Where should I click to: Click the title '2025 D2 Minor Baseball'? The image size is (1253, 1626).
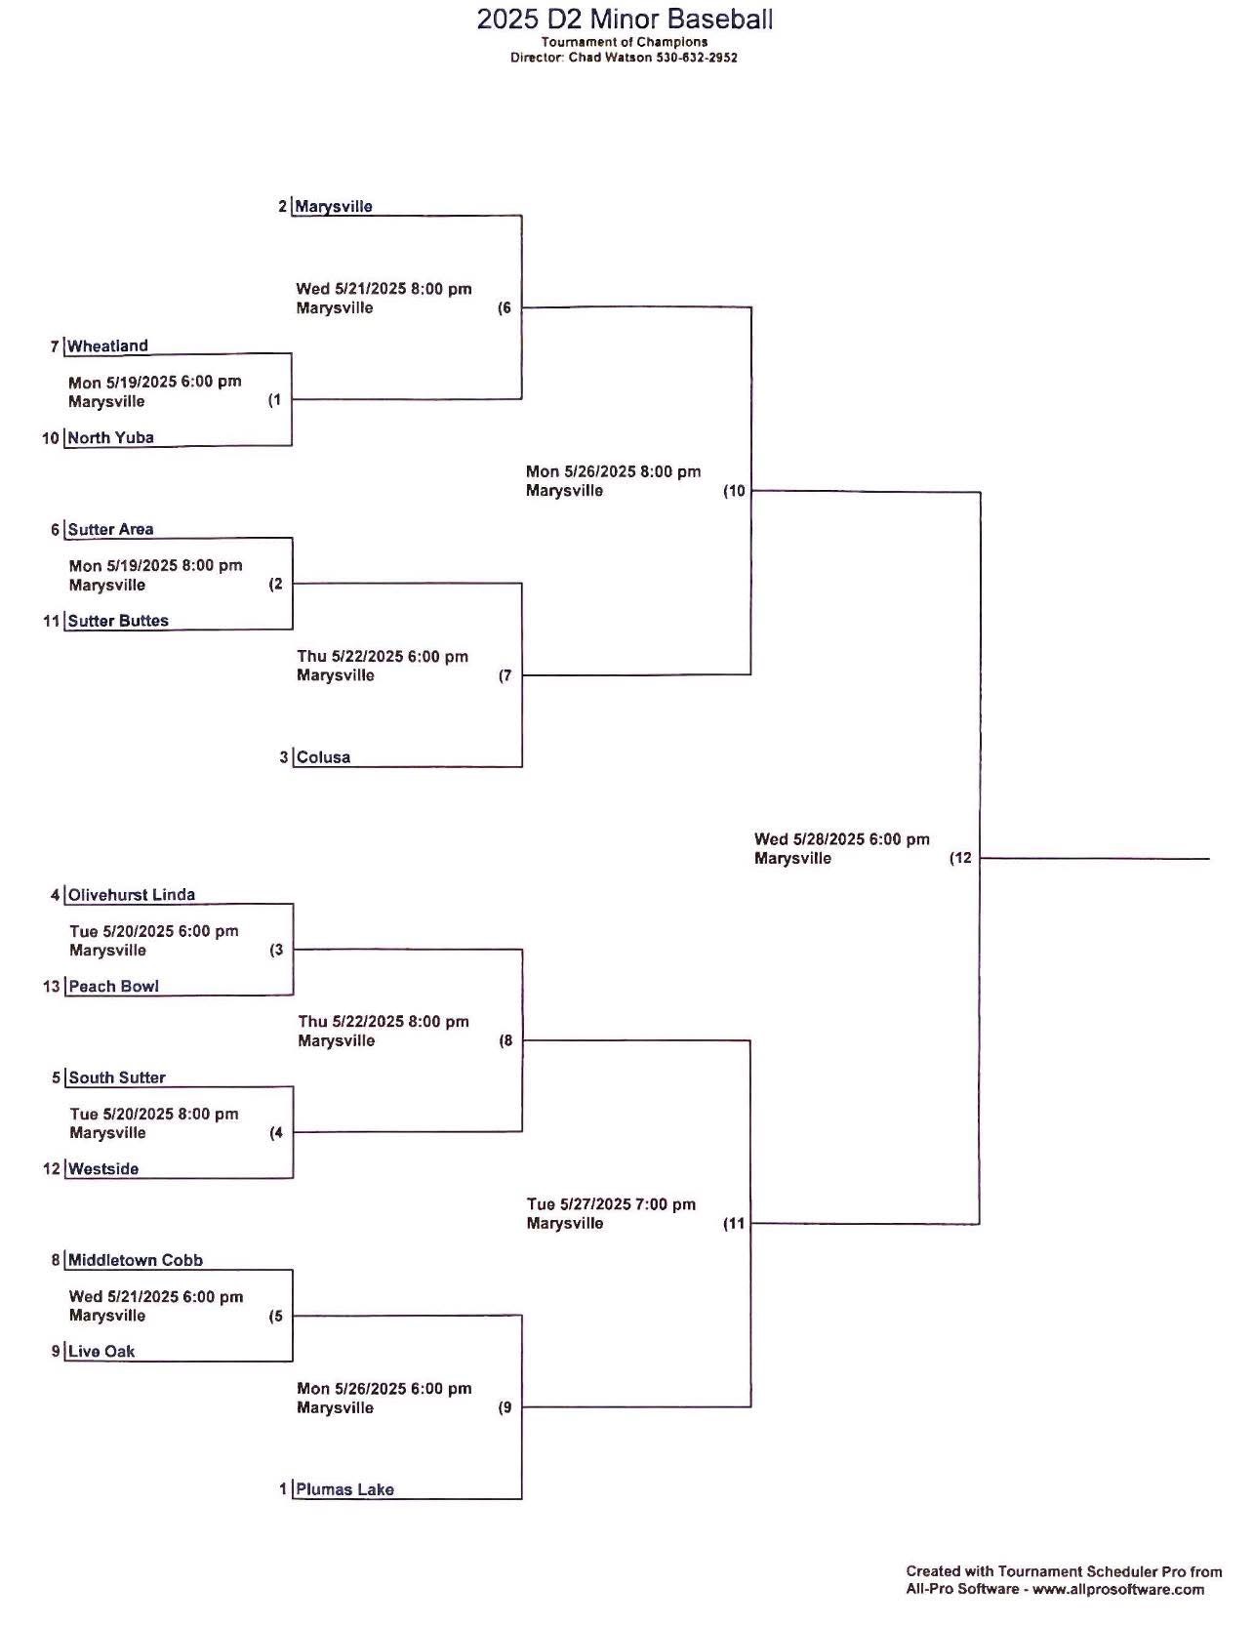pos(625,19)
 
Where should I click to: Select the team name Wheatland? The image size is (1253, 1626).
pos(107,346)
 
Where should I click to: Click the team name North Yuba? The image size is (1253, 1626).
pos(110,437)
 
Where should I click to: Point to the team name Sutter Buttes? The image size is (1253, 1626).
pos(118,621)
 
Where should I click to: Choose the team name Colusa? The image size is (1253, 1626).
pos(323,757)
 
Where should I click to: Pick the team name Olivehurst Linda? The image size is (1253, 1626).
pos(132,895)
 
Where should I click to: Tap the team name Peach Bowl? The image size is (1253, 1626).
pos(113,987)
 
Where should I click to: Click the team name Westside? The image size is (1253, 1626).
pos(103,1169)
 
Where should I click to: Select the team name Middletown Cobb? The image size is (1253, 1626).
pos(136,1261)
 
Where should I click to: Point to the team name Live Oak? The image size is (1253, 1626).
pos(101,1352)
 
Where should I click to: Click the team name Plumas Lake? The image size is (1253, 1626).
pos(345,1489)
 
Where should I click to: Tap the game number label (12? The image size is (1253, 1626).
pos(961,859)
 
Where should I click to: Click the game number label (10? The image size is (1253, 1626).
pos(734,491)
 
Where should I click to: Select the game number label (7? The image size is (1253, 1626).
pos(505,675)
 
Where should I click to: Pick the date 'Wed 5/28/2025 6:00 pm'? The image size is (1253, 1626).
pos(842,839)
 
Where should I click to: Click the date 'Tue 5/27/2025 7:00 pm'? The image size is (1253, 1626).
pos(612,1204)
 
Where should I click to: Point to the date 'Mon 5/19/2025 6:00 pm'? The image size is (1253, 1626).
pos(155,382)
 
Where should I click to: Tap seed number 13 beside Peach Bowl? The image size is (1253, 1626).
pos(52,987)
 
